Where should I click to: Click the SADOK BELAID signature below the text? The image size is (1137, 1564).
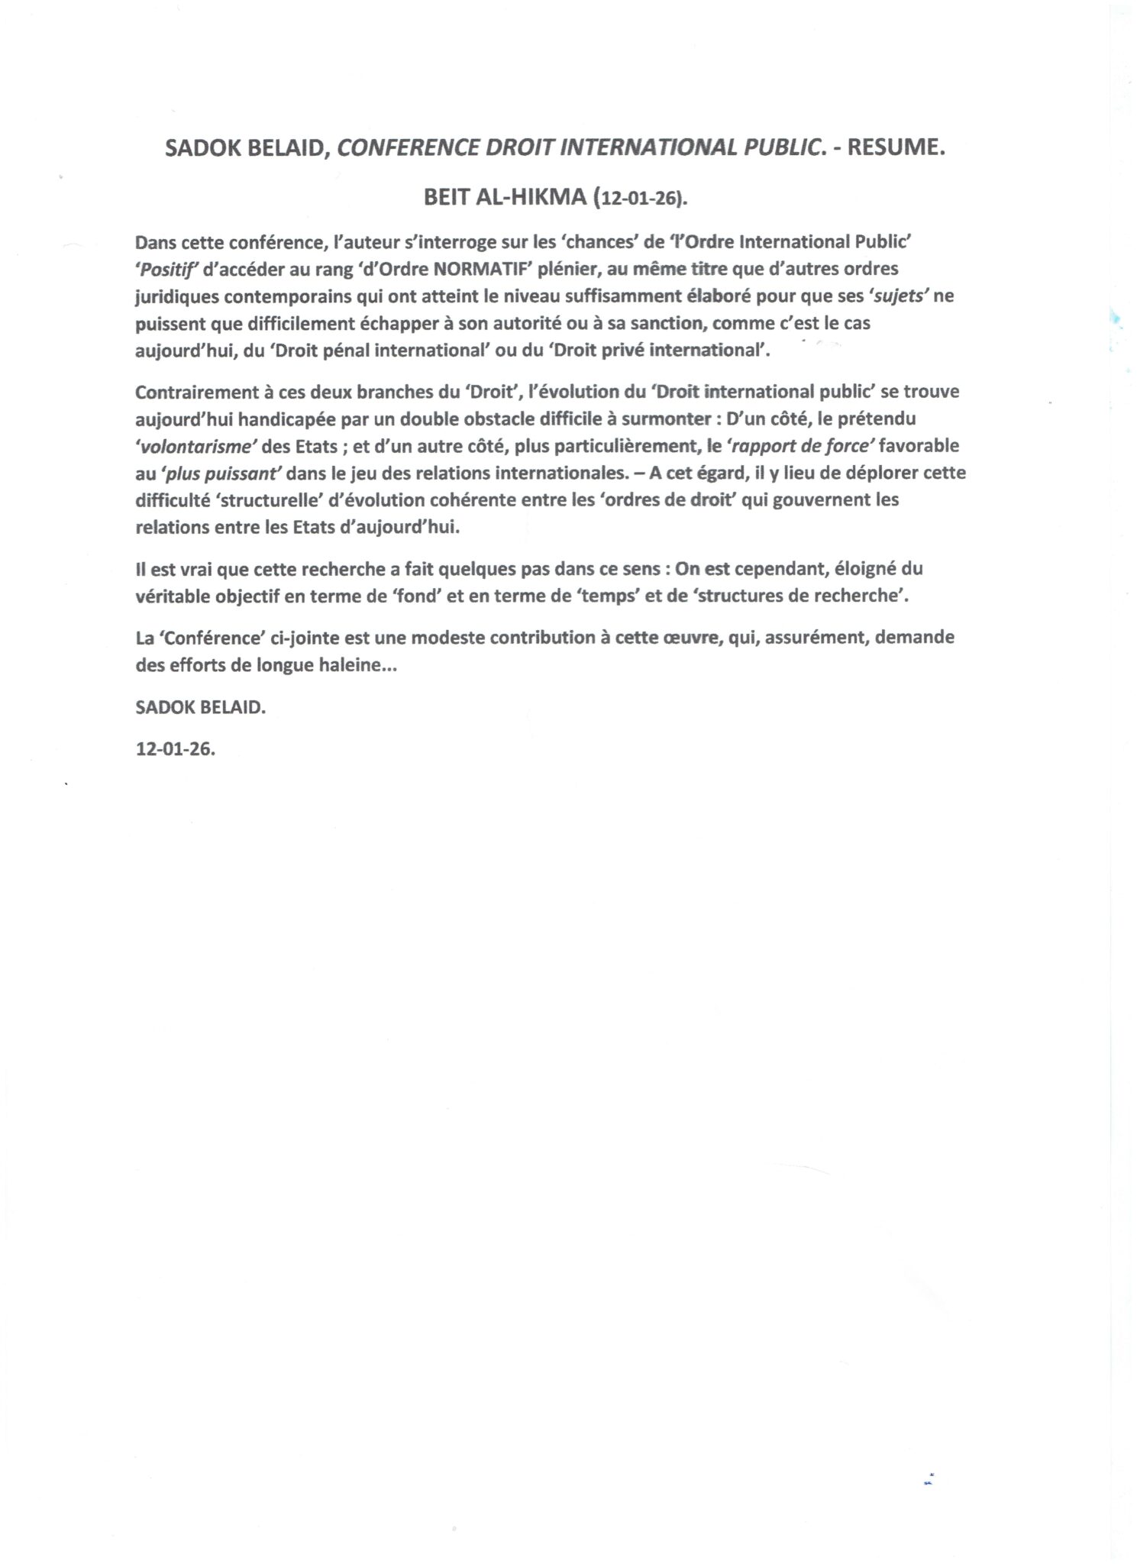(x=200, y=707)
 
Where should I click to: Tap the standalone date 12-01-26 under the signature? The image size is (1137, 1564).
(x=176, y=749)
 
